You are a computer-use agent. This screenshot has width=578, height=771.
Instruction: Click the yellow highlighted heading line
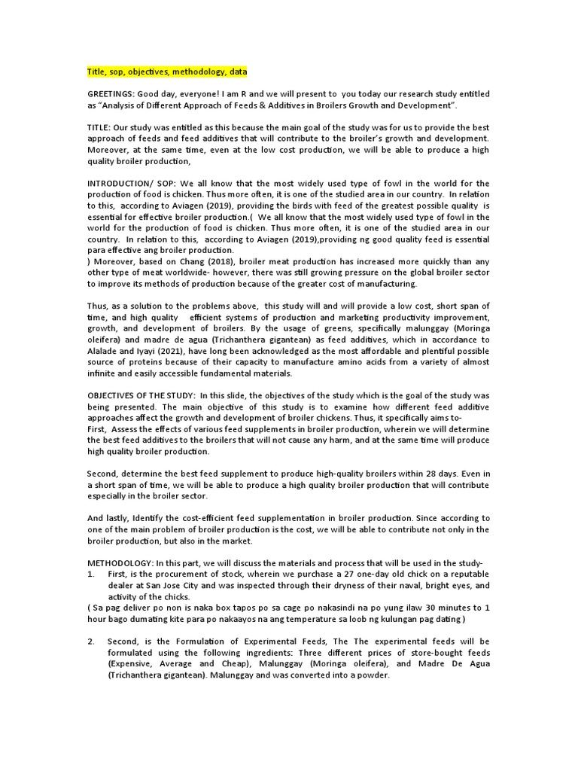(x=166, y=72)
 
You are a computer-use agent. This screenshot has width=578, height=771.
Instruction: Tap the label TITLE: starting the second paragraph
(x=99, y=128)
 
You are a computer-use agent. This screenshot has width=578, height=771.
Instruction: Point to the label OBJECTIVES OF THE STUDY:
(x=141, y=395)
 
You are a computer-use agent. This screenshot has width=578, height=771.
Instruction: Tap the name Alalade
(x=105, y=351)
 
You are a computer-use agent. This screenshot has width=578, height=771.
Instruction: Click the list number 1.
(x=90, y=574)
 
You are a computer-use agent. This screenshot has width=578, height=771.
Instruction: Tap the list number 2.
(x=90, y=641)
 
